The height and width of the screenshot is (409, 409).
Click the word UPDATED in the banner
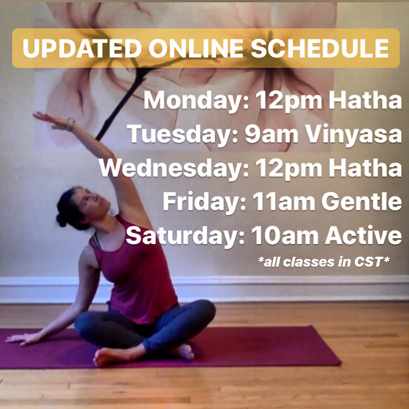[82, 49]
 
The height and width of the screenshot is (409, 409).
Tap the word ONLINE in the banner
[196, 49]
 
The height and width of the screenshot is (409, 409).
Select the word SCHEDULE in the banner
[320, 49]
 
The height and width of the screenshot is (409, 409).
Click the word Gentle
[361, 202]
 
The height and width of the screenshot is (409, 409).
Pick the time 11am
[284, 202]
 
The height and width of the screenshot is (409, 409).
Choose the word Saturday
[185, 235]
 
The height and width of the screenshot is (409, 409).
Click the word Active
[363, 235]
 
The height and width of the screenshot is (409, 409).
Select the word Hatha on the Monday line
[365, 101]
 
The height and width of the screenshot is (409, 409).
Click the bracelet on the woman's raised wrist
[70, 124]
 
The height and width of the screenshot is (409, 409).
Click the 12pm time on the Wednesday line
[289, 169]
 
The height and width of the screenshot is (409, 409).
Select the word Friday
[204, 202]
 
